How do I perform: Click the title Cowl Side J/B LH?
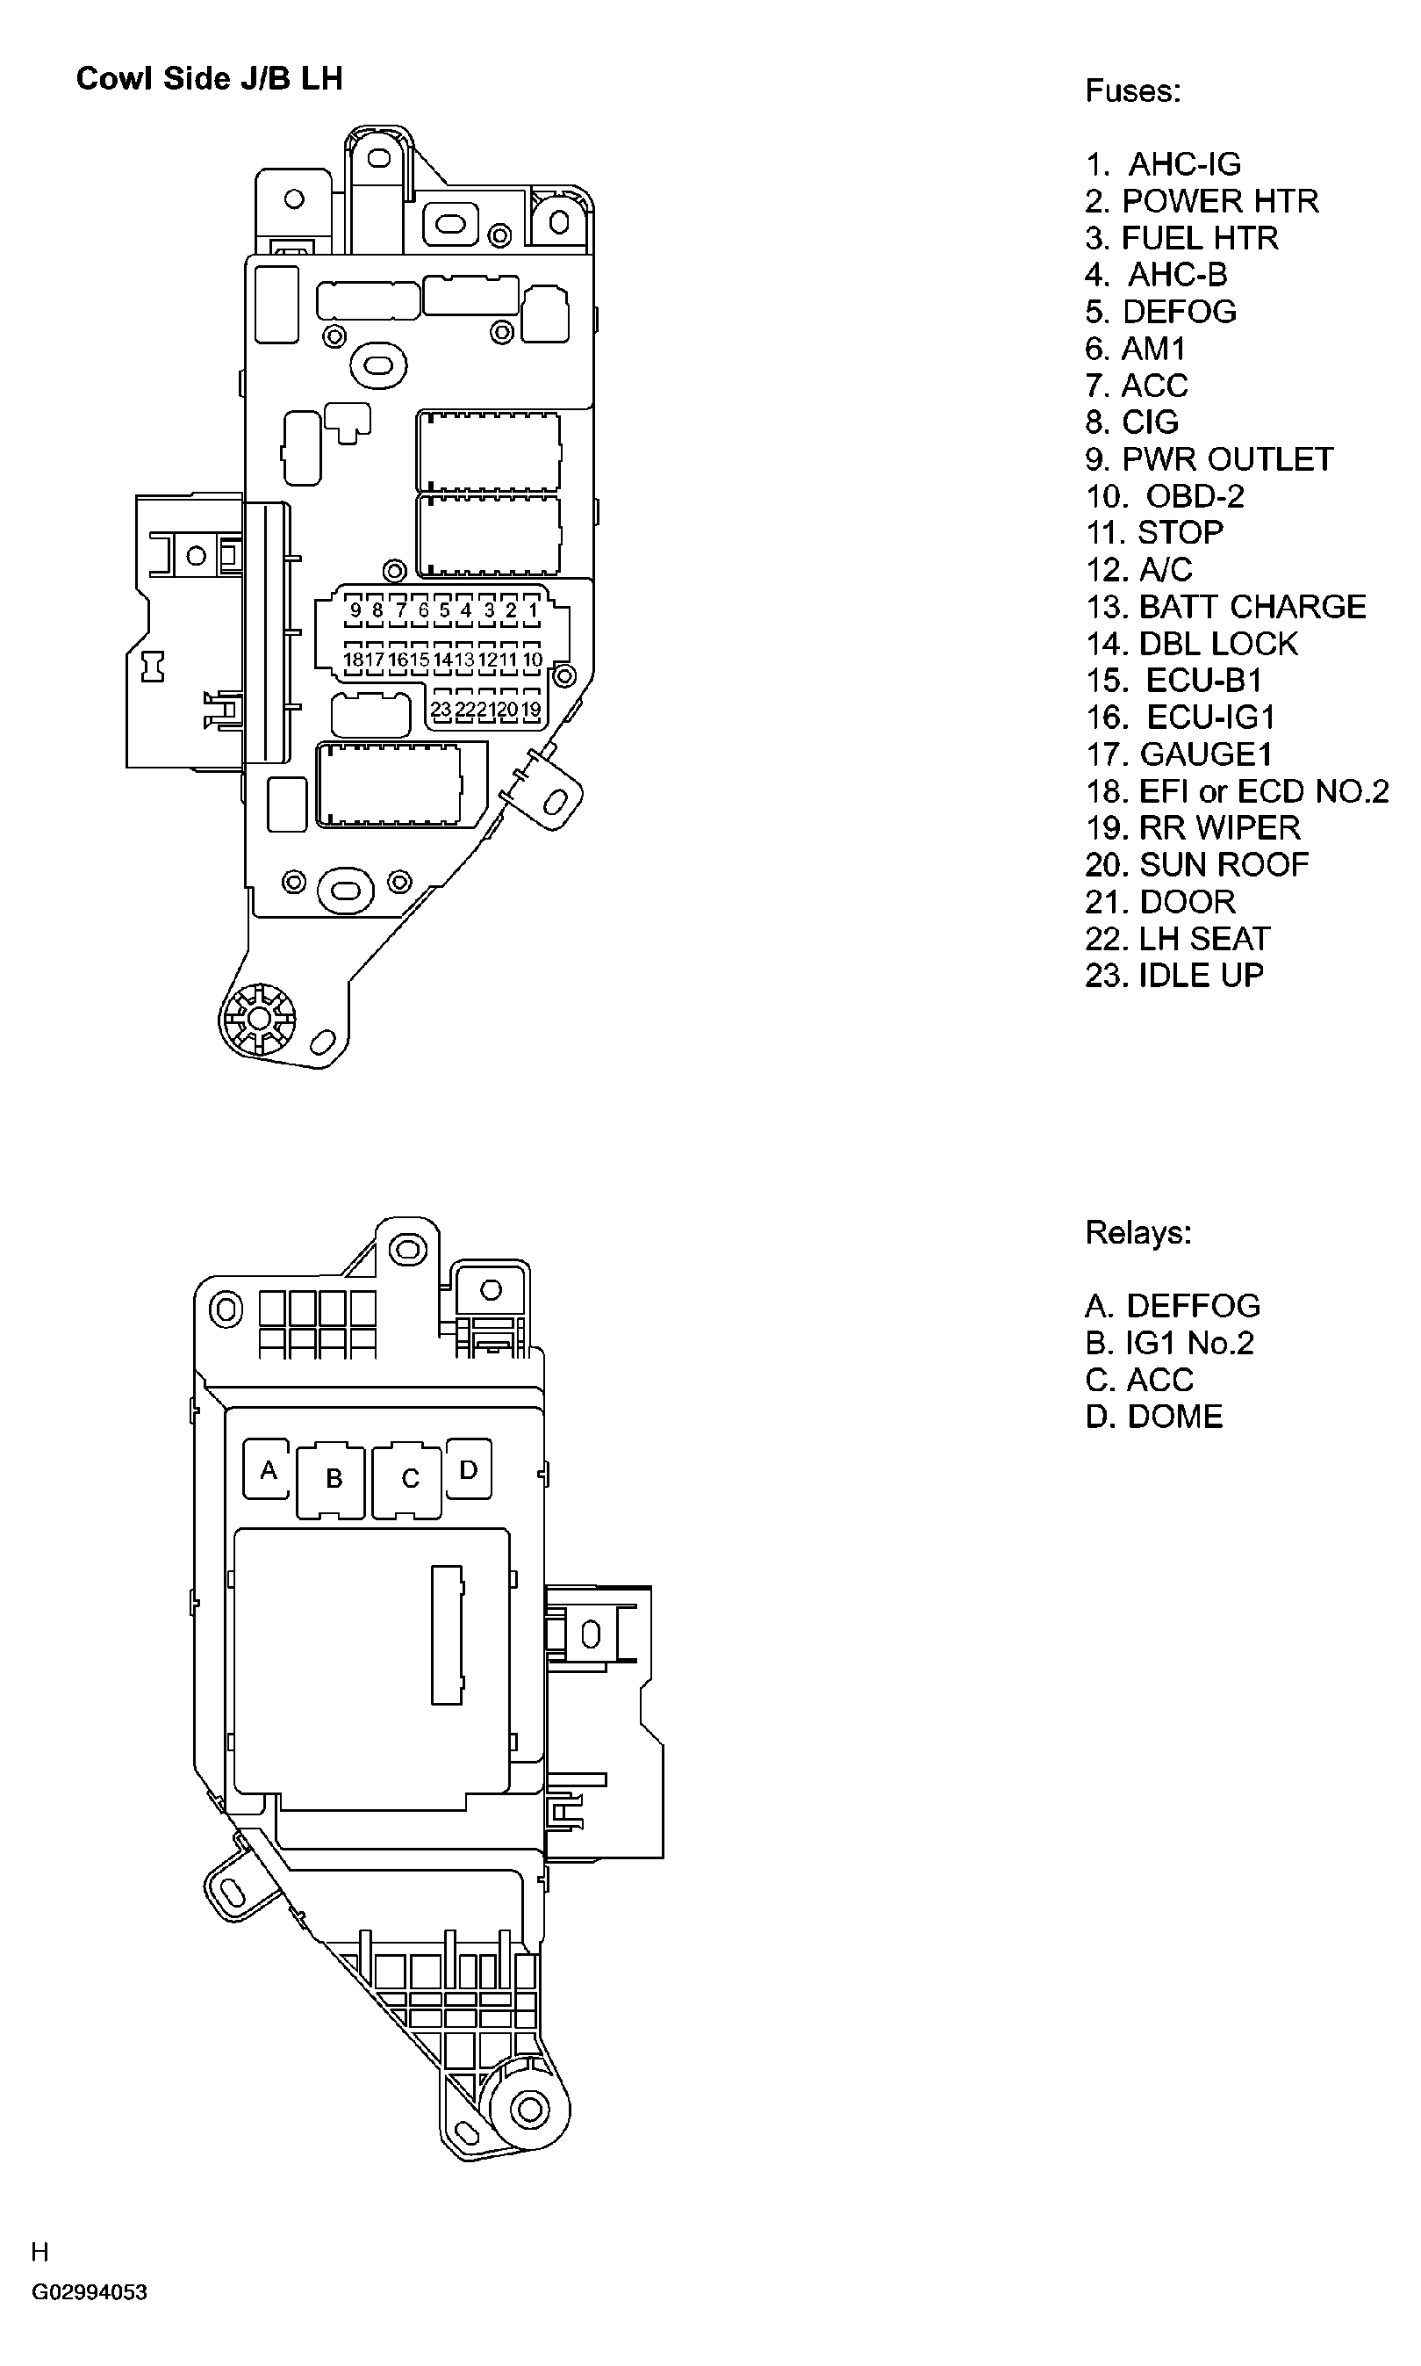coord(209,78)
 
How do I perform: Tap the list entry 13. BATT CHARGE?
coord(1224,606)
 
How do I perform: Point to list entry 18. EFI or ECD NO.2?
coord(1236,791)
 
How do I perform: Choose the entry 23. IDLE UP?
coord(1174,975)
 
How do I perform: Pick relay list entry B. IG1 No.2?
coord(1169,1343)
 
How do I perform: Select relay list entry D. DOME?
coord(1154,1417)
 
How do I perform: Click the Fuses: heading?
coord(1133,91)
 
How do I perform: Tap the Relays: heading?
coord(1138,1232)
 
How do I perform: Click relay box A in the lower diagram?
coord(268,1469)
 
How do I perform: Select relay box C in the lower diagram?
coord(409,1479)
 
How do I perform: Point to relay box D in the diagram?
coord(468,1469)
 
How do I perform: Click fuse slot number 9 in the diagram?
coord(355,610)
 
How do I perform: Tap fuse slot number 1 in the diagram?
coord(533,610)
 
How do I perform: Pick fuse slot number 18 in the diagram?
coord(354,660)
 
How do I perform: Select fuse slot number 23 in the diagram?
coord(441,710)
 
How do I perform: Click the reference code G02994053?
coord(89,2292)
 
